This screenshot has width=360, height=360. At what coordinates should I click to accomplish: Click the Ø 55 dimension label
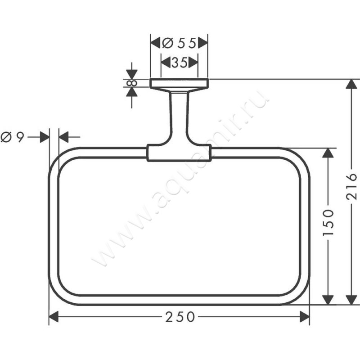pyautogui.click(x=179, y=43)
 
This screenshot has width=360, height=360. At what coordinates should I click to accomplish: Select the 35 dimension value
pyautogui.click(x=179, y=63)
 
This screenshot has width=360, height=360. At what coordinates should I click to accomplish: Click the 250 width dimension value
pyautogui.click(x=180, y=317)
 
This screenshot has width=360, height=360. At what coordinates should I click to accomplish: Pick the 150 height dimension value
pyautogui.click(x=328, y=223)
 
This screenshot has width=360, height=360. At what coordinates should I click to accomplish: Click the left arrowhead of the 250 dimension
pyautogui.click(x=54, y=317)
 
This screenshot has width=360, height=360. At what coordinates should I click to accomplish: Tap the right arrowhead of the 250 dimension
pyautogui.click(x=305, y=317)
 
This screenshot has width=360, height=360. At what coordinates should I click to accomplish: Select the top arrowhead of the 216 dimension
pyautogui.click(x=351, y=85)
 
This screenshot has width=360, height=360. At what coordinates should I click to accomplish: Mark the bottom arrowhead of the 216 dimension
pyautogui.click(x=351, y=299)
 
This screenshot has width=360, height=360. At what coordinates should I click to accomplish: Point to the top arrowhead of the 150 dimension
pyautogui.click(x=328, y=153)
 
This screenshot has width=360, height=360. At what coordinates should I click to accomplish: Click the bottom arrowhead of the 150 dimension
pyautogui.click(x=328, y=299)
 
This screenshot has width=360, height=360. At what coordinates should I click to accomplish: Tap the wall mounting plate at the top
pyautogui.click(x=179, y=83)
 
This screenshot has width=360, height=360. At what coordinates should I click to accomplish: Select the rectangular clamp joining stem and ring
pyautogui.click(x=179, y=153)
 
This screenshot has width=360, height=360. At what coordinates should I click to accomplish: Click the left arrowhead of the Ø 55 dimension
pyautogui.click(x=155, y=43)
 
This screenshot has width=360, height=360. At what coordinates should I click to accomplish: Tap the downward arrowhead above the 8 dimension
pyautogui.click(x=131, y=74)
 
